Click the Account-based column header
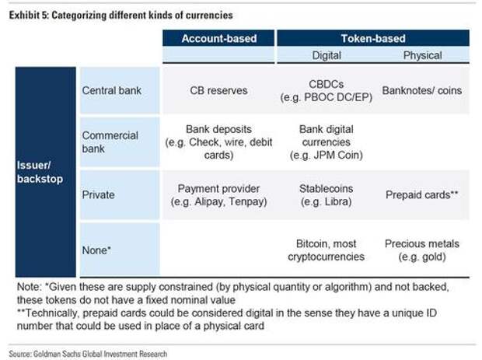click(219, 38)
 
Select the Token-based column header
click(373, 38)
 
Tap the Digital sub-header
click(327, 55)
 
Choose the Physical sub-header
click(422, 55)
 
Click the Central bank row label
click(112, 90)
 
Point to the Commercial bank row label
click(110, 142)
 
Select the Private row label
click(98, 194)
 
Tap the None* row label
click(96, 250)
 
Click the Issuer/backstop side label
click(40, 172)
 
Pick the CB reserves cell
click(218, 90)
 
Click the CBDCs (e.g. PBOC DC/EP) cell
click(327, 91)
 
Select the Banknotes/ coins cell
click(421, 90)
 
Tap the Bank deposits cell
click(218, 142)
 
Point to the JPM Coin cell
click(327, 142)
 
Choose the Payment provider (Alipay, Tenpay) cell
click(218, 195)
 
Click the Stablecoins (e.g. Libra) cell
click(327, 195)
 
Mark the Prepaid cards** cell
click(421, 194)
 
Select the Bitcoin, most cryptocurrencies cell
click(327, 250)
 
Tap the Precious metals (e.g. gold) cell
click(421, 250)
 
